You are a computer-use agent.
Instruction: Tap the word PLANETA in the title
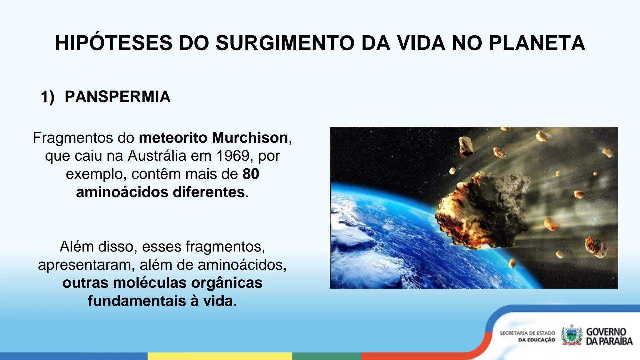[x=537, y=43]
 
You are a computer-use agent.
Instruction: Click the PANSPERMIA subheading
[x=117, y=97]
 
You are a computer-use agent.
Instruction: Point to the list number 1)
[x=47, y=97]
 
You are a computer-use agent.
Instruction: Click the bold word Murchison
[x=250, y=138]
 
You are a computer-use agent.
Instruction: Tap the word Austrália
[x=157, y=156]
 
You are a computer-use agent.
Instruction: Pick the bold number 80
[x=251, y=174]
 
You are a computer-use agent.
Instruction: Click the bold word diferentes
[x=209, y=192]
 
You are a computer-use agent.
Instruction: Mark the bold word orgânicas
[x=227, y=283]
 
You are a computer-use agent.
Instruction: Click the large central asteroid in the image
[x=483, y=210]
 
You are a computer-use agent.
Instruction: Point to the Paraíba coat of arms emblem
[x=571, y=335]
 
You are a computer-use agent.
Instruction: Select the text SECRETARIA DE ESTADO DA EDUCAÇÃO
[x=527, y=336]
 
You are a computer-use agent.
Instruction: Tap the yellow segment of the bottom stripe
[x=220, y=356]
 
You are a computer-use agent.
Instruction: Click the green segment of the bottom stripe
[x=327, y=356]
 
